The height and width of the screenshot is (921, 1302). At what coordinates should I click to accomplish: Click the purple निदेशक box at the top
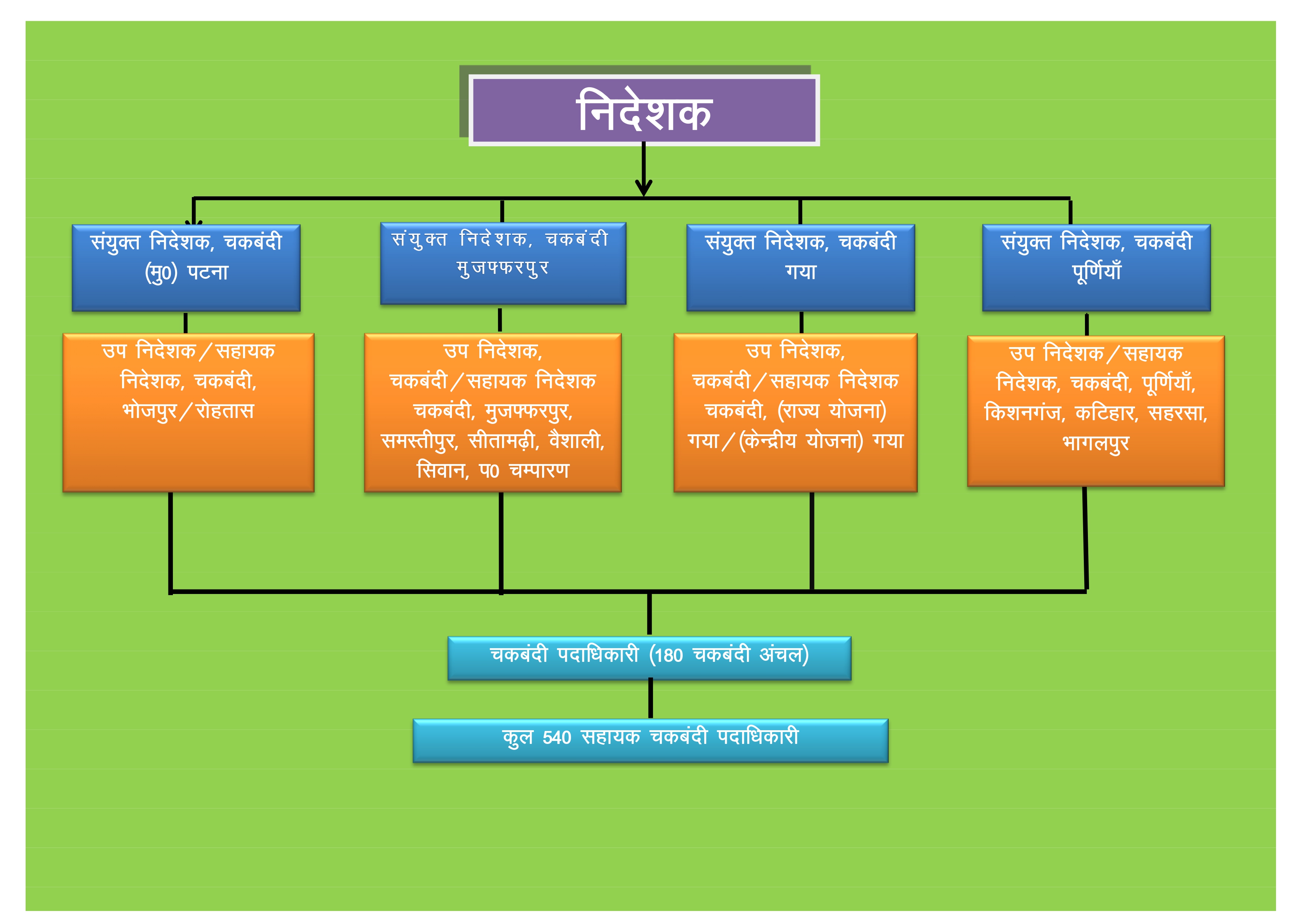[644, 110]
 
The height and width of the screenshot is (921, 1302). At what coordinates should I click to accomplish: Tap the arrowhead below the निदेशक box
[644, 187]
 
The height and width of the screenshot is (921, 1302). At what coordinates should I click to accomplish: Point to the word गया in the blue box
[801, 272]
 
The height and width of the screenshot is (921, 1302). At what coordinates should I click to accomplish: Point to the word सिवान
[442, 470]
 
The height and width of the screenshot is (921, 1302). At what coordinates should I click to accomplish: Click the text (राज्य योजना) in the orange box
[832, 410]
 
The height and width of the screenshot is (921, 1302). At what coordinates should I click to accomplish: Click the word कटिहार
[1106, 412]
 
